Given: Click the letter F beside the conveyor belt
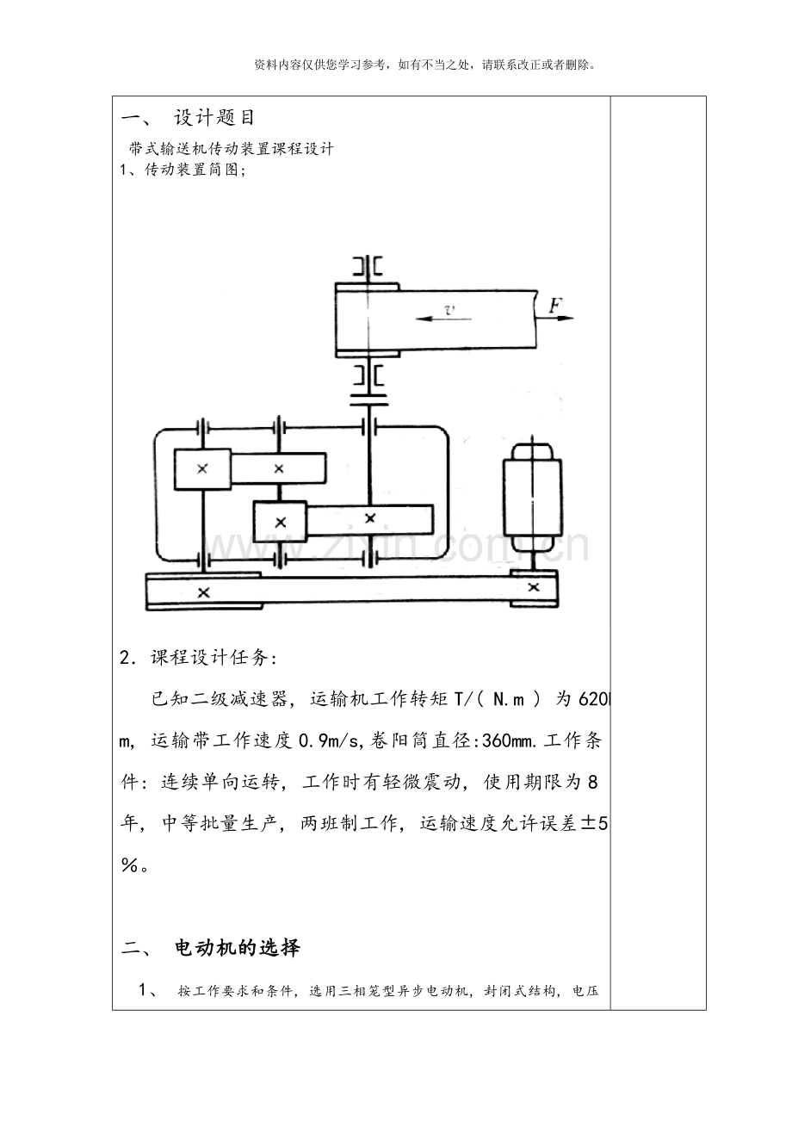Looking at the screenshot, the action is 555,306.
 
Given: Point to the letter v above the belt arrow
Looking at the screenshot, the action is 450,310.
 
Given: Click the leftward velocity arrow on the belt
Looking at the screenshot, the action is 443,319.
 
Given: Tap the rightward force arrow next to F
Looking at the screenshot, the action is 555,318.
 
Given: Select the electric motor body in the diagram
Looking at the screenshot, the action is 532,498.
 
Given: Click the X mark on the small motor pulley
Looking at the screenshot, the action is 534,587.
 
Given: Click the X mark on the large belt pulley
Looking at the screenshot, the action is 203,593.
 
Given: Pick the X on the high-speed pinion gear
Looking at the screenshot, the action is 202,469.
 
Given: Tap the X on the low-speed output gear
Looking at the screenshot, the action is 369,518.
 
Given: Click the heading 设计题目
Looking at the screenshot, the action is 214,118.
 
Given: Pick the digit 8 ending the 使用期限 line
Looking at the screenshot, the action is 593,782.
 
